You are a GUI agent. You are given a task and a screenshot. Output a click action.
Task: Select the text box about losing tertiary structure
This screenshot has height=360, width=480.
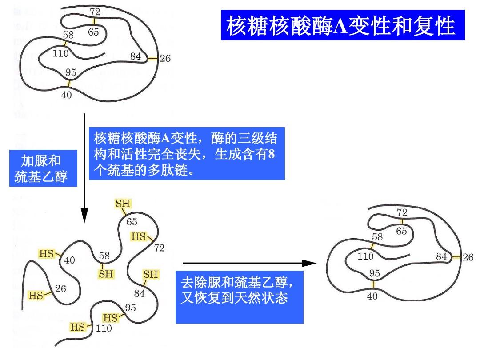pyautogui.click(x=186, y=154)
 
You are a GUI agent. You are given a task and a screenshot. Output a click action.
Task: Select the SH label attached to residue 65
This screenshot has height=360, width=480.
pyautogui.click(x=123, y=204)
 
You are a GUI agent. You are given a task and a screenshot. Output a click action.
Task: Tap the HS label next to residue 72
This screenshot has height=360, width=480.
pyautogui.click(x=139, y=236)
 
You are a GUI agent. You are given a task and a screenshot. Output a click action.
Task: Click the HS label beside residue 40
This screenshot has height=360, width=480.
pyautogui.click(x=47, y=253)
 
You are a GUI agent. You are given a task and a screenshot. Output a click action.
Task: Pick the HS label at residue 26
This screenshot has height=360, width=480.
pyautogui.click(x=36, y=295)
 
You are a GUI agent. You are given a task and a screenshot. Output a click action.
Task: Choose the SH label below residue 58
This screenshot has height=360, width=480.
pyautogui.click(x=106, y=274)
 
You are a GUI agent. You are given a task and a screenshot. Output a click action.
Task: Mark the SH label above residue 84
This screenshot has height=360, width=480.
pyautogui.click(x=151, y=274)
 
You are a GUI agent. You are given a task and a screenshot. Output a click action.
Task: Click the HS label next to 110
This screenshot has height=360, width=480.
pyautogui.click(x=78, y=327)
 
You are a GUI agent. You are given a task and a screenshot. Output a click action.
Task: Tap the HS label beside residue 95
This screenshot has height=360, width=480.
pyautogui.click(x=111, y=318)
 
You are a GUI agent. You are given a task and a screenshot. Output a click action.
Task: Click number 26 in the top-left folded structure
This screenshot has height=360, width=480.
pyautogui.click(x=165, y=58)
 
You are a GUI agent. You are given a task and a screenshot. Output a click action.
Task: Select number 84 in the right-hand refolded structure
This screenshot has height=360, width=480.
pyautogui.click(x=441, y=256)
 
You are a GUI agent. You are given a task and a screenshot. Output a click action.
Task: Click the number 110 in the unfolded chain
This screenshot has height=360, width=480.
pyautogui.click(x=104, y=328)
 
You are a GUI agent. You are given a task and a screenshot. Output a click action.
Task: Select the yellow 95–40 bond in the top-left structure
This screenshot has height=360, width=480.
pyautogui.click(x=68, y=83)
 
